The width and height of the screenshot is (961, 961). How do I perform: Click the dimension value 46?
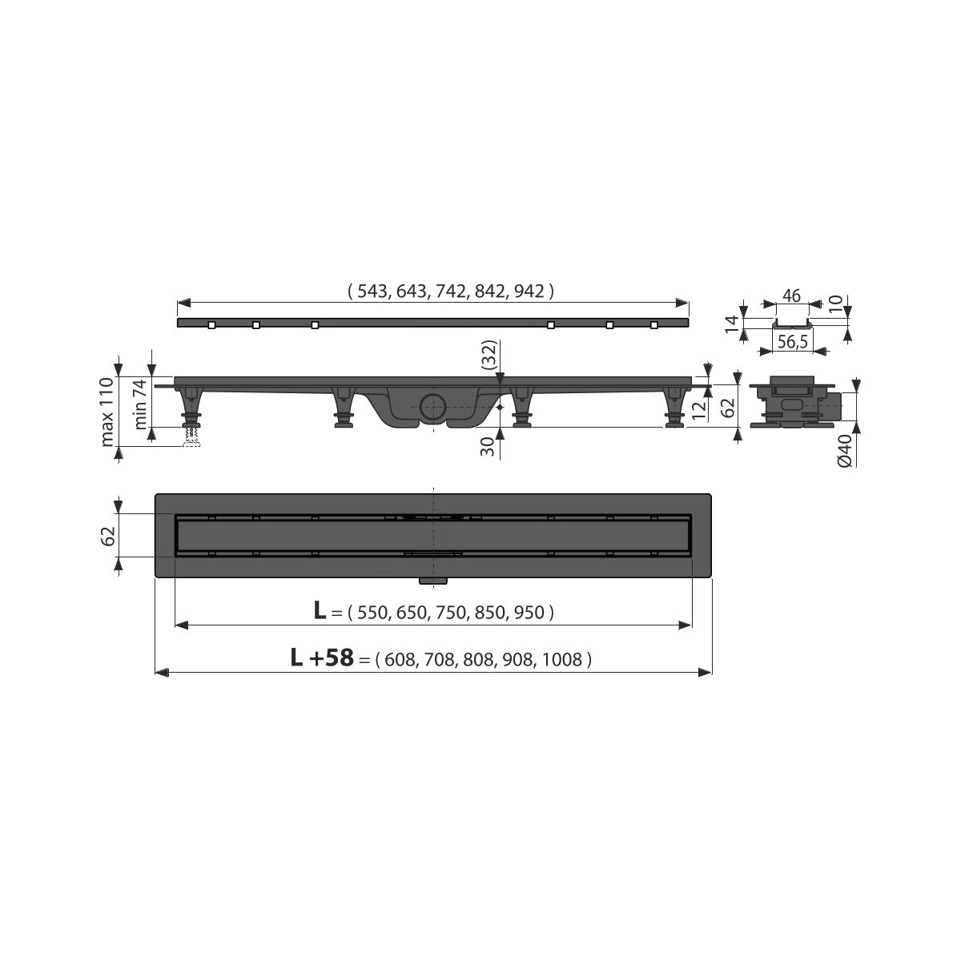791,296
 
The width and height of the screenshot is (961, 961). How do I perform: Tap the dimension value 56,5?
793,343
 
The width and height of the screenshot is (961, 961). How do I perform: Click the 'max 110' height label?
107,412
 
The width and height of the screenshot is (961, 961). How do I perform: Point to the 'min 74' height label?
140,404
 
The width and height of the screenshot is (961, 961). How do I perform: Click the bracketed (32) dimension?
490,355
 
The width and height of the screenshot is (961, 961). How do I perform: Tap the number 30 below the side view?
489,446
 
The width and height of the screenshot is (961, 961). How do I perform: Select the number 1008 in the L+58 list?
561,660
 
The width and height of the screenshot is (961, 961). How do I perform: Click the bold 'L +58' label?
322,657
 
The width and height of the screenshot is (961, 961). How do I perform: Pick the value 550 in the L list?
372,613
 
